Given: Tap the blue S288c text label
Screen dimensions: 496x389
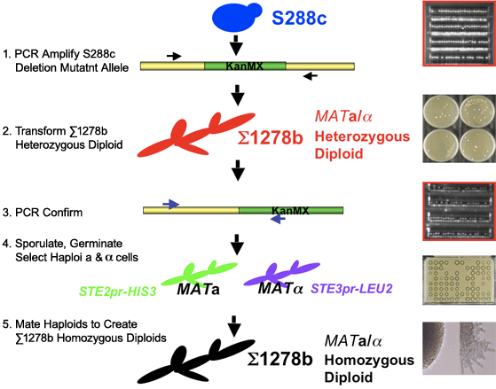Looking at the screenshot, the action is [299, 18].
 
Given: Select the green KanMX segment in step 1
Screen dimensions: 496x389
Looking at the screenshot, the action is [245, 66].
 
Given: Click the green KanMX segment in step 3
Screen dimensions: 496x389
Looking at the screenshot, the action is [291, 211].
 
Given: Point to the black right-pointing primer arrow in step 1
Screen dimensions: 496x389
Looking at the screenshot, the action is [174, 56].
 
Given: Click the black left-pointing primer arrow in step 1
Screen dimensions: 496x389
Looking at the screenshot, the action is [311, 76].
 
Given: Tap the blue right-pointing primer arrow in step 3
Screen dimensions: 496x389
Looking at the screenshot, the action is [171, 204].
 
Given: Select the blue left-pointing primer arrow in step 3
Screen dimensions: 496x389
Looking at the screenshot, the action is [278, 219].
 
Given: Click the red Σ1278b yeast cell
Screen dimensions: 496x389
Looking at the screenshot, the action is [196, 135].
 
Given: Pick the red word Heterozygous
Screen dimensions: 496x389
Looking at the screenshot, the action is [362, 136].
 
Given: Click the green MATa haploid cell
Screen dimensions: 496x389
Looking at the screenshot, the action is [200, 273].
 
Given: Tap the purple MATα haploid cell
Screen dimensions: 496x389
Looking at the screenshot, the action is [281, 273].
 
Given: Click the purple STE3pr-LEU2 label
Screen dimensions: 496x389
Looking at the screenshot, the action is [351, 289].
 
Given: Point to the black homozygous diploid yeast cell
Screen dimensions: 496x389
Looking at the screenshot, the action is [196, 362].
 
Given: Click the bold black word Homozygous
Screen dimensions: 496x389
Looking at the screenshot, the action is [369, 361].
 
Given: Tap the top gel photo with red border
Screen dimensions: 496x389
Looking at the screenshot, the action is [459, 34].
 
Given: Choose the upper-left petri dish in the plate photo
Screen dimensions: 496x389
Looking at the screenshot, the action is [440, 111].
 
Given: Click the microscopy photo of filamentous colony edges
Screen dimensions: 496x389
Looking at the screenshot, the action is [459, 349].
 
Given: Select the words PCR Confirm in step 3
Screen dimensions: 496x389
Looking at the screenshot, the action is [49, 213].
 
